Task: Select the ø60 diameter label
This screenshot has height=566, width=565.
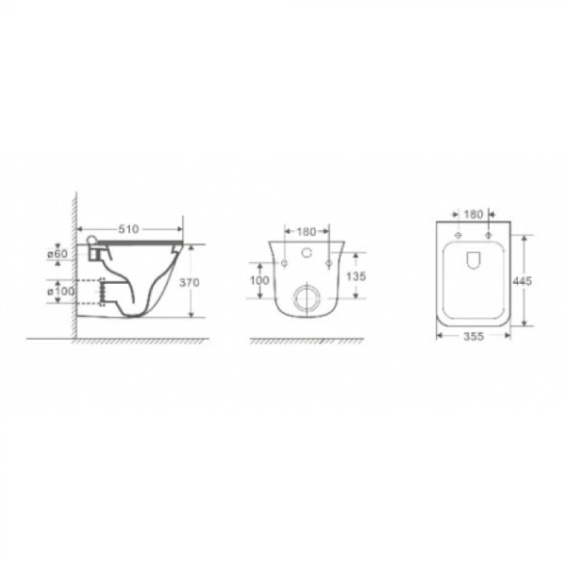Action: coord(56,254)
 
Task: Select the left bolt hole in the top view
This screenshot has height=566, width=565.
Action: coord(457,234)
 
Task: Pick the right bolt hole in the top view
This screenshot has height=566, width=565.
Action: coord(489,234)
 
